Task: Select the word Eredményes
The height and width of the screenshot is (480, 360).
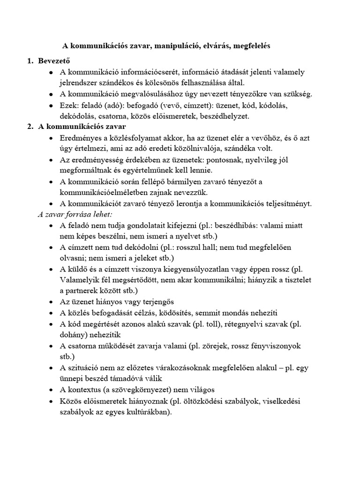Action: point(82,138)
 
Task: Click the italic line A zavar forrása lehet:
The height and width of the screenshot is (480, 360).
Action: point(75,214)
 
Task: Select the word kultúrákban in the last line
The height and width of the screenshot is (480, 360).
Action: point(146,412)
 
